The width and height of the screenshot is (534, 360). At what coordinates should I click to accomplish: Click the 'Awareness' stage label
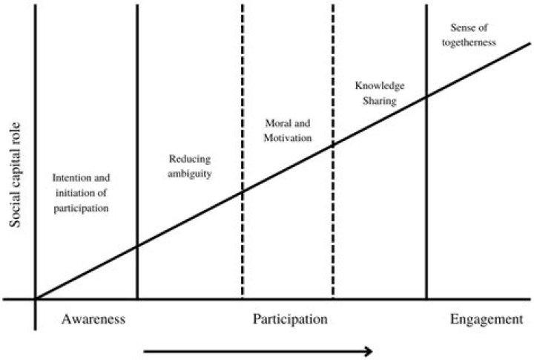pyautogui.click(x=93, y=319)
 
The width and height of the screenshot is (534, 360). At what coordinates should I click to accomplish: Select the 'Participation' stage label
pyautogui.click(x=290, y=320)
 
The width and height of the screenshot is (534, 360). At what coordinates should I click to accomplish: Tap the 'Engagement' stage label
pyautogui.click(x=487, y=320)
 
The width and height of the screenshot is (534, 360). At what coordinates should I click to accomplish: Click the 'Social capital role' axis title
pyautogui.click(x=15, y=175)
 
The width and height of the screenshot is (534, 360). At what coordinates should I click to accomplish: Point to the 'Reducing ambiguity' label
pyautogui.click(x=190, y=166)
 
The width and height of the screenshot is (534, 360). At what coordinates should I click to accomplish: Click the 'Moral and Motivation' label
pyautogui.click(x=288, y=130)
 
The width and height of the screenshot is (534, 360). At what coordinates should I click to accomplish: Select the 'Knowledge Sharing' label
pyautogui.click(x=380, y=93)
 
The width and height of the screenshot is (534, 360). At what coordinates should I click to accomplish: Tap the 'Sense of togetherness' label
pyautogui.click(x=469, y=35)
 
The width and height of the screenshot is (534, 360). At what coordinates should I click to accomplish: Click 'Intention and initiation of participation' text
pyautogui.click(x=81, y=193)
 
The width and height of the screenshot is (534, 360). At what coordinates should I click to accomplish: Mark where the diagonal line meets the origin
pyautogui.click(x=36, y=299)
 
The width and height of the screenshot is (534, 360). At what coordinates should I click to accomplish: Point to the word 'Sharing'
pyautogui.click(x=380, y=101)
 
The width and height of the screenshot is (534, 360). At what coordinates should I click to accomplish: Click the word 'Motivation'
pyautogui.click(x=288, y=138)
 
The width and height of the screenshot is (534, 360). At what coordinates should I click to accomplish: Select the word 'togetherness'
pyautogui.click(x=469, y=42)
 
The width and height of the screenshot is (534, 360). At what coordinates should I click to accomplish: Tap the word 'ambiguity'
pyautogui.click(x=190, y=174)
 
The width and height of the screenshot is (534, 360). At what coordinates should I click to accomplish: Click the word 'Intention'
pyautogui.click(x=67, y=177)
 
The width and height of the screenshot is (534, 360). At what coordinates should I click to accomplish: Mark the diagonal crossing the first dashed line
pyautogui.click(x=243, y=192)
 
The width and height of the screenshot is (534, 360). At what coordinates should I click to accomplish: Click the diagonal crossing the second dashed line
pyautogui.click(x=333, y=145)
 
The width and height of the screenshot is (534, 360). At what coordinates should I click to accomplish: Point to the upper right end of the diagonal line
pyautogui.click(x=530, y=43)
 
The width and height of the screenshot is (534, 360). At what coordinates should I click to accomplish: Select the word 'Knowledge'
pyautogui.click(x=380, y=86)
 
